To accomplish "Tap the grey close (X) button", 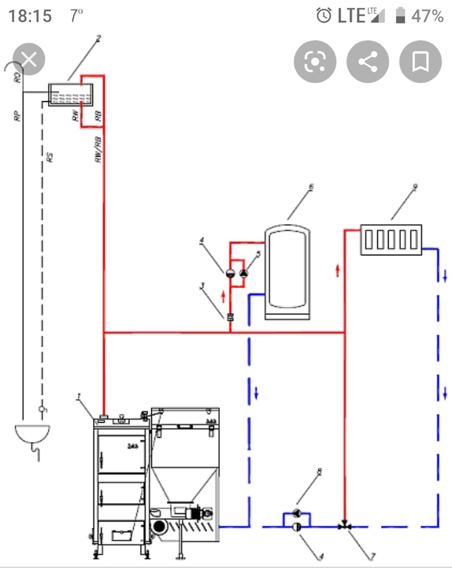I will pyautogui.click(x=28, y=60).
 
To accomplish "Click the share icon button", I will pyautogui.click(x=367, y=60).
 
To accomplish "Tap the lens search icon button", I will pyautogui.click(x=315, y=60).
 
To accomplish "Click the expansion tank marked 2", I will pyautogui.click(x=69, y=94).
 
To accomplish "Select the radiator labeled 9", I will pyautogui.click(x=391, y=240).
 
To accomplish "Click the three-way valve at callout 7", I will pyautogui.click(x=344, y=527).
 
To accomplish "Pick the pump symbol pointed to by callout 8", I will pyautogui.click(x=296, y=513).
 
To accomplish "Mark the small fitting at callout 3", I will pyautogui.click(x=230, y=317).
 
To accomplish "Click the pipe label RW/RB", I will pyautogui.click(x=97, y=152).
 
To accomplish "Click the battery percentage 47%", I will pyautogui.click(x=428, y=16).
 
